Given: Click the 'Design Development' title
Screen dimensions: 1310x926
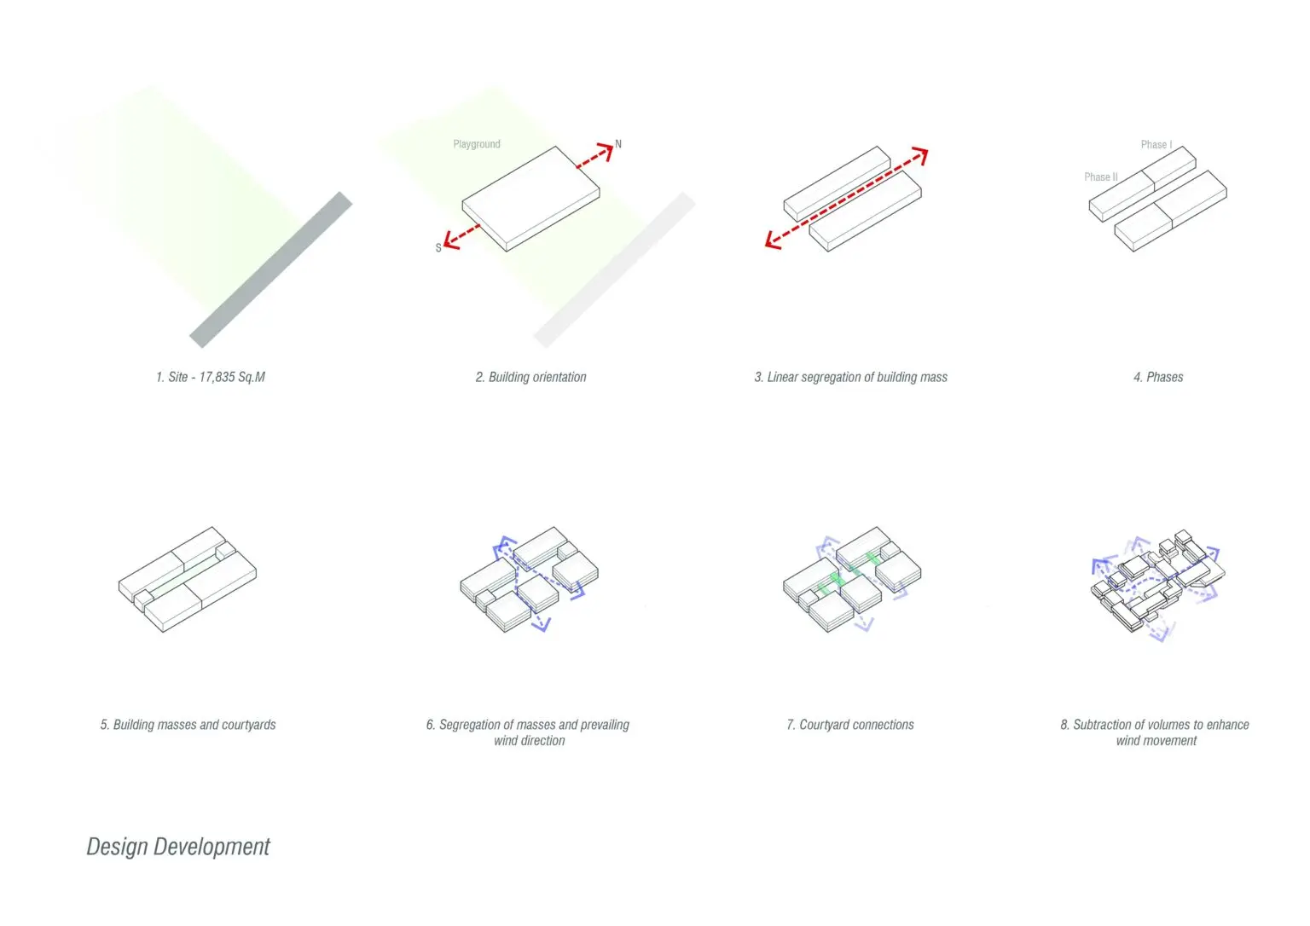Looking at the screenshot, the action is [177, 847].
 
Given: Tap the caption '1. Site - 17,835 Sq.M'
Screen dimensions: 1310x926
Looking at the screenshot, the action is [211, 377].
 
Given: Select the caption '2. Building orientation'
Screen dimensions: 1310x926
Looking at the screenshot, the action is [530, 377].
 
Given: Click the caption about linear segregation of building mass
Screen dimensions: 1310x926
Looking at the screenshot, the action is [850, 377].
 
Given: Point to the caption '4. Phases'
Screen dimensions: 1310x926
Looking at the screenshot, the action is [1158, 377].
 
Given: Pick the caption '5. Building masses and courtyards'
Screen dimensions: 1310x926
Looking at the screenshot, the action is [188, 725].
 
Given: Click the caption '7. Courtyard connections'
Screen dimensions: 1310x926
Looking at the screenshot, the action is [849, 725].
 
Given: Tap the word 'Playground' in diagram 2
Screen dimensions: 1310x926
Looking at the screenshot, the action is [477, 144].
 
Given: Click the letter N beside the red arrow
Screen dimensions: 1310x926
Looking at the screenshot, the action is [618, 144].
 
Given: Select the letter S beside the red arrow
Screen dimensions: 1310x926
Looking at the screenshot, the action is [438, 248].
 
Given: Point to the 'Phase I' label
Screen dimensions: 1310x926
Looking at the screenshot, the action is [1156, 144].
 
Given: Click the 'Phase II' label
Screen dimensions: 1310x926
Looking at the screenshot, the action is [1101, 177].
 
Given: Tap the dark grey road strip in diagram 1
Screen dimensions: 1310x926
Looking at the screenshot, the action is [270, 269].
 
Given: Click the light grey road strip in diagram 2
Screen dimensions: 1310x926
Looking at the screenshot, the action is [614, 269].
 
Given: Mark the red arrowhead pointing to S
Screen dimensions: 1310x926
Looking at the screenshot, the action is [452, 240].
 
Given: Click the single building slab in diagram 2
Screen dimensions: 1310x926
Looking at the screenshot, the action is [531, 199].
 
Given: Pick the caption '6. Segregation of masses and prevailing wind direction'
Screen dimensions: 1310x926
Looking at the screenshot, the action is [528, 732].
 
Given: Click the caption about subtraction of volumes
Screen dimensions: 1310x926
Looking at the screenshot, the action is [1155, 732].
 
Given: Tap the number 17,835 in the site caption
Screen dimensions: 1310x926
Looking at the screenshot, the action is [217, 377].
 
